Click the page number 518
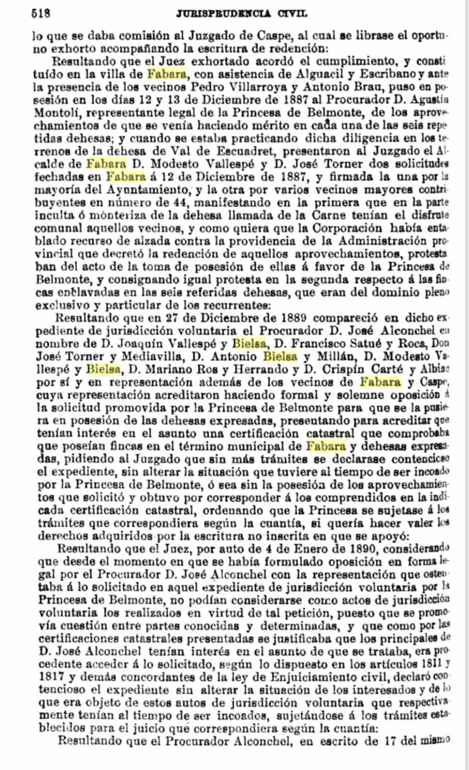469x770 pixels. click(41, 13)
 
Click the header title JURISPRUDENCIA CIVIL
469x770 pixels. click(241, 13)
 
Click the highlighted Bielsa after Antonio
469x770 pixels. click(280, 356)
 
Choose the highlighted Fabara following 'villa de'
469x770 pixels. click(166, 74)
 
